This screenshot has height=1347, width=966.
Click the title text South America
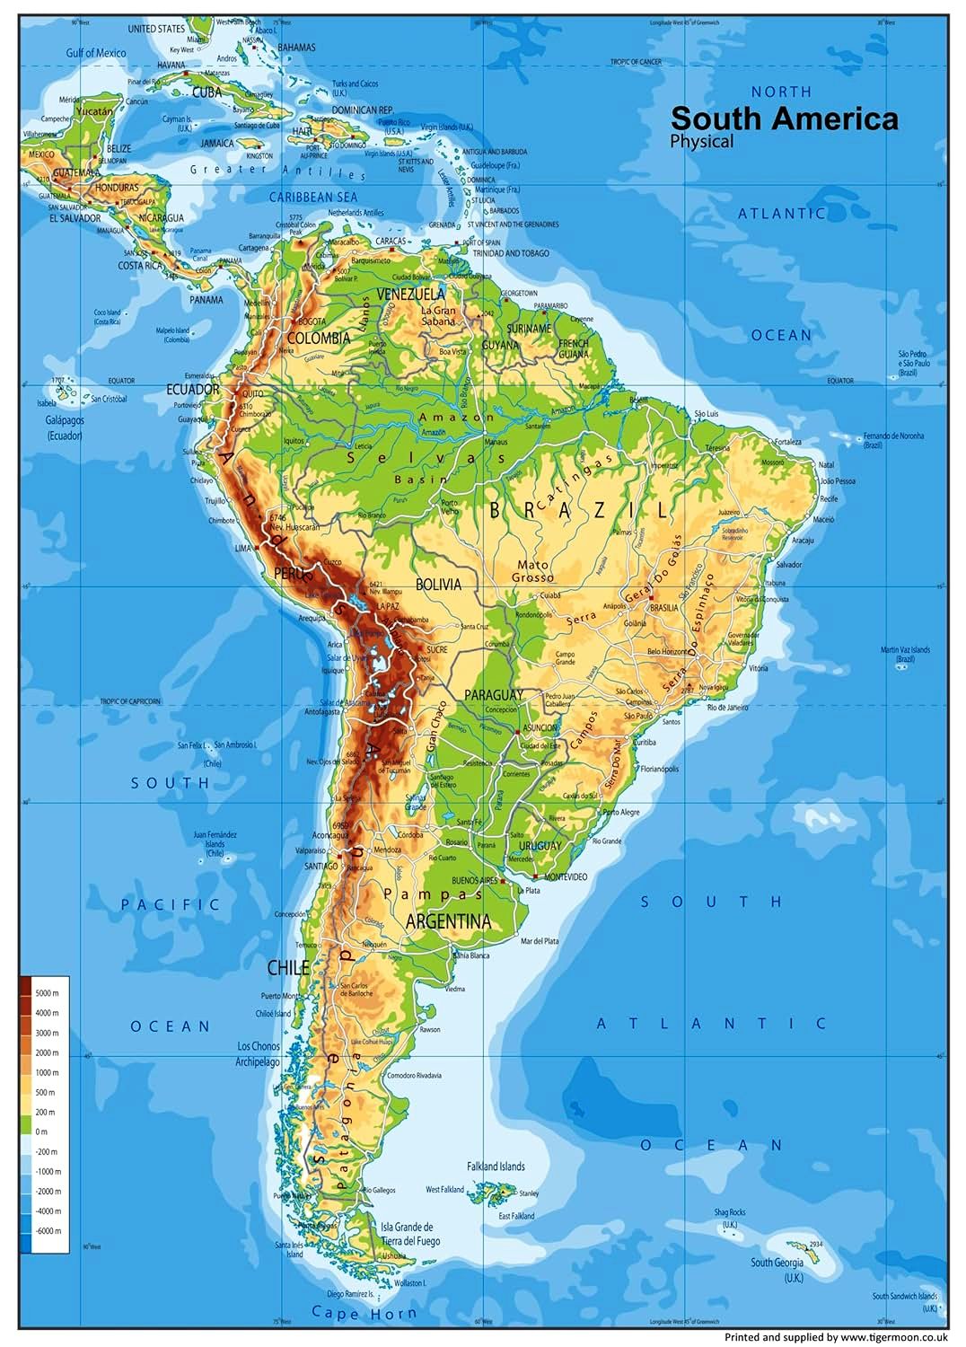pos(784,119)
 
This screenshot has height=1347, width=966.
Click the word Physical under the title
pos(701,141)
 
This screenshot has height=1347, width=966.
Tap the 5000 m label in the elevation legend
pos(47,993)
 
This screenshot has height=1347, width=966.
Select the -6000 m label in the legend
pos(48,1231)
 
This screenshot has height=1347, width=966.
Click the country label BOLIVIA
pos(438,585)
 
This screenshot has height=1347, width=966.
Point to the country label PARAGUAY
pos(493,695)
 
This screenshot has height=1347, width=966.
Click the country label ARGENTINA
pos(448,921)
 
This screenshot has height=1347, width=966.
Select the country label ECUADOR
pos(192,390)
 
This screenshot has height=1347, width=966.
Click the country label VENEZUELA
pos(410,295)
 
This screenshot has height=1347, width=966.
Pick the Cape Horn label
pos(364,1313)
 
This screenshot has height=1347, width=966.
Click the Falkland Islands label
pos(496,1167)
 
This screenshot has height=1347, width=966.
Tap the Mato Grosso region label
pos(534,571)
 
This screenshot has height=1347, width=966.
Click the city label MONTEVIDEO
pos(563,876)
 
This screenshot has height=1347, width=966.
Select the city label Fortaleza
pos(788,442)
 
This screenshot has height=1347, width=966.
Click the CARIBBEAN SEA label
pos(313,197)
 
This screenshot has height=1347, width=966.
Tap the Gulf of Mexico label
pos(96,53)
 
